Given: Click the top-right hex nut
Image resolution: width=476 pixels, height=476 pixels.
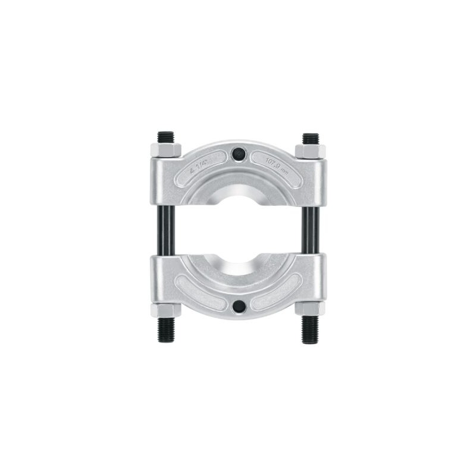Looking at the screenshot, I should (310, 151).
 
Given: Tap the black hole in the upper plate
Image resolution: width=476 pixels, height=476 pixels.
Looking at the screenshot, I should (238, 153).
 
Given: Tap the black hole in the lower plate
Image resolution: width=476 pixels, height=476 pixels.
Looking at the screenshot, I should (238, 306).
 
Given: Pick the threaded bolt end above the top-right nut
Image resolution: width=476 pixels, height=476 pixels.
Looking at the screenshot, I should (310, 137).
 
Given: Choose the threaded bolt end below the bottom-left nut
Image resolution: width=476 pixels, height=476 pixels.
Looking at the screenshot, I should (165, 329).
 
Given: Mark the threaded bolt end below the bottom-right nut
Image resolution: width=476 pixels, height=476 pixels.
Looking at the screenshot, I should (310, 329).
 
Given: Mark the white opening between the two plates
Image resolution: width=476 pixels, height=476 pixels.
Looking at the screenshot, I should (238, 230).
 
